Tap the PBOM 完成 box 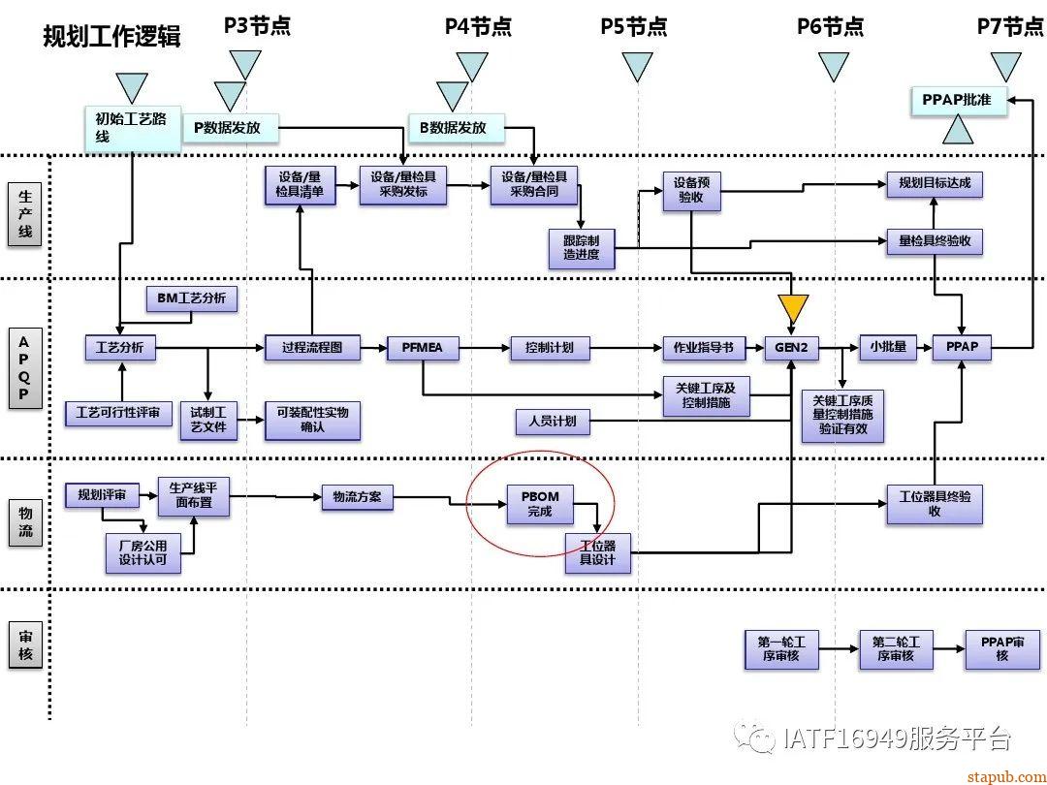click(540, 504)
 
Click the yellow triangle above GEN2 click(793, 309)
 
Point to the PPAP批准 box click(958, 100)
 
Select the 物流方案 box click(357, 498)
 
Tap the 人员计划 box click(552, 422)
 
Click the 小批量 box click(887, 347)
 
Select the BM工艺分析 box click(191, 298)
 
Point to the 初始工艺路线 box click(131, 128)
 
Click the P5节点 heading click(635, 26)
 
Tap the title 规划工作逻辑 click(112, 37)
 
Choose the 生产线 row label click(26, 214)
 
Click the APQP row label click(25, 369)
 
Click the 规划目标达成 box click(934, 184)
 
